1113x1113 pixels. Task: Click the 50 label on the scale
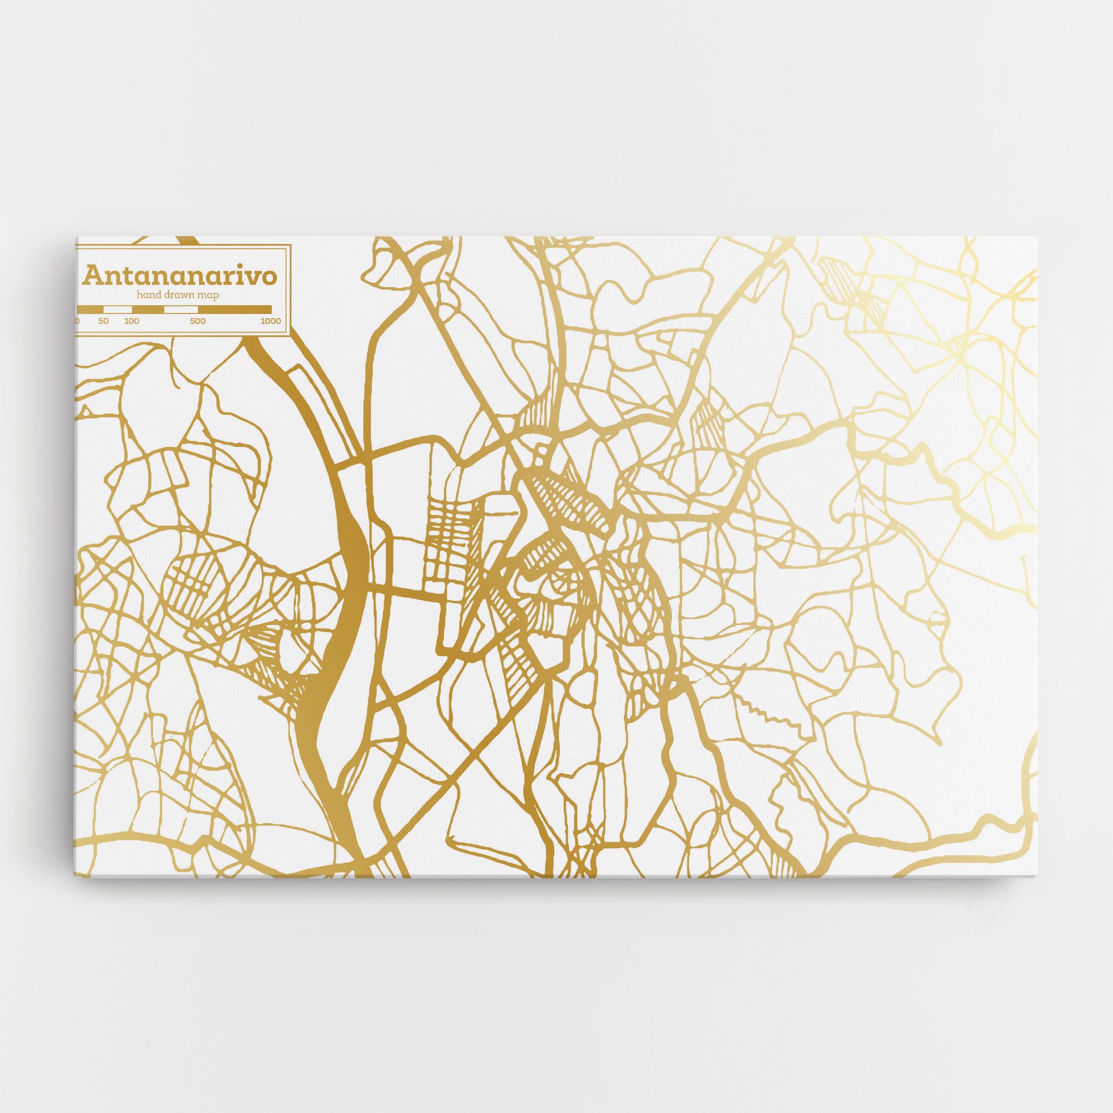tap(104, 321)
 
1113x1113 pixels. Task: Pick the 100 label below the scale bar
tap(132, 321)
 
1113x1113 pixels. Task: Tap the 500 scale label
tap(197, 321)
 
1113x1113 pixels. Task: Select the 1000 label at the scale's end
tap(271, 321)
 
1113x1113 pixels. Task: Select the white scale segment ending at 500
tap(180, 309)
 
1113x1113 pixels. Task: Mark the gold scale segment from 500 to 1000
tap(234, 309)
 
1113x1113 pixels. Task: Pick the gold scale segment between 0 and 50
tap(91, 309)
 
